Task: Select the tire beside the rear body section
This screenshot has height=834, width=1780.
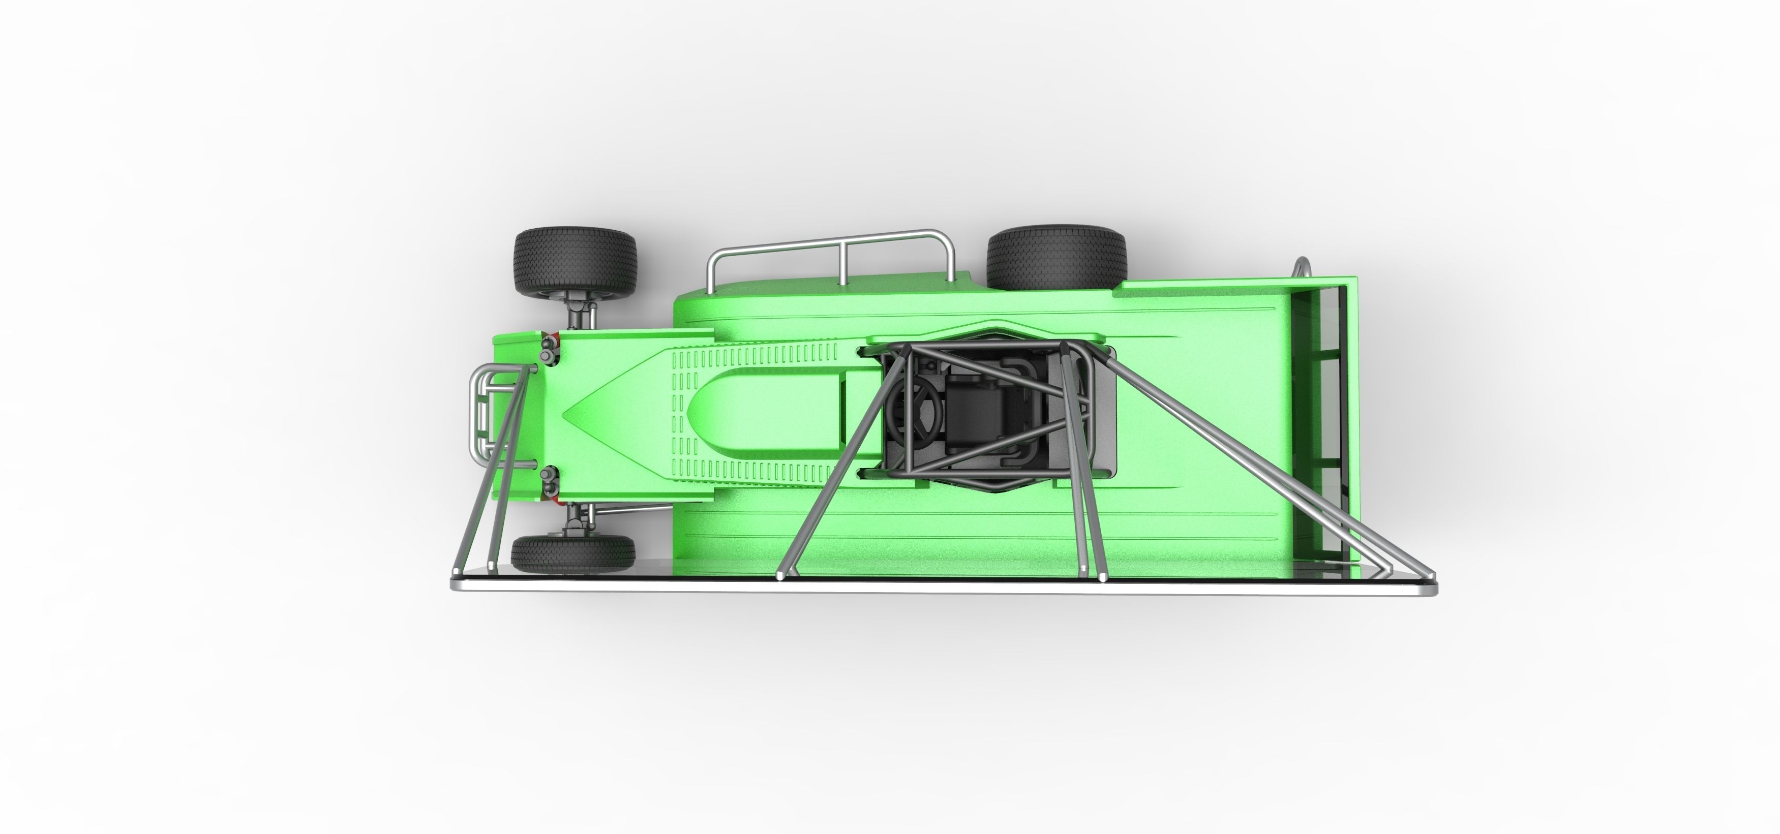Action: (1057, 259)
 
